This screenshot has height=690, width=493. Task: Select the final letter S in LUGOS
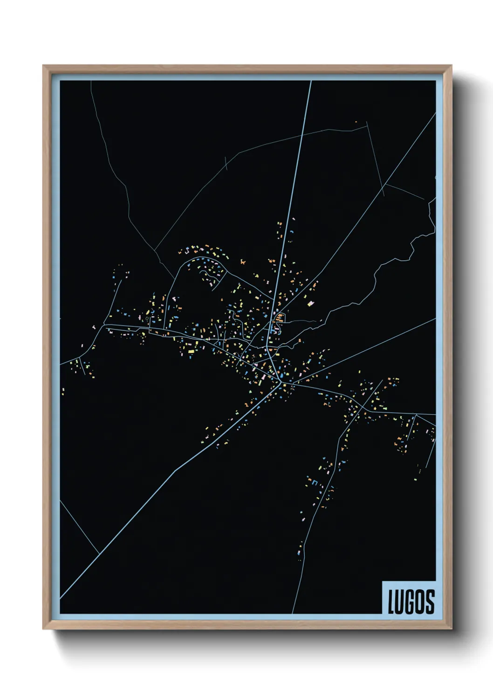click(430, 602)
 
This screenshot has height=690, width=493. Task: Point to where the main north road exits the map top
click(310, 82)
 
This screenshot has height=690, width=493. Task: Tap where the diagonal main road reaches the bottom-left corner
click(61, 597)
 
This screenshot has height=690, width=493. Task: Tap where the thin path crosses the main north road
click(302, 134)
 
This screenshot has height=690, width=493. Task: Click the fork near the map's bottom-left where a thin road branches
click(99, 553)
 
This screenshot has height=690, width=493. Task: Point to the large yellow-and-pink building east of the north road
click(311, 304)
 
